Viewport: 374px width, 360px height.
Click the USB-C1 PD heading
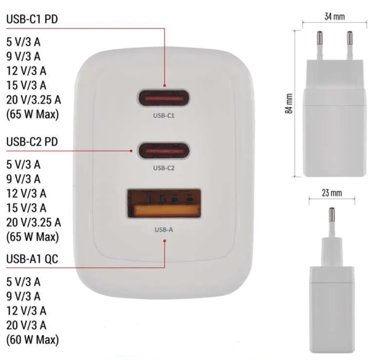[x=32, y=19]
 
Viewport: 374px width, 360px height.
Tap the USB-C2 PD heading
[x=32, y=142]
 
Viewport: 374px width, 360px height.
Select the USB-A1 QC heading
[x=32, y=259]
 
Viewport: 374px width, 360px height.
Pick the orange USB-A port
[x=164, y=204]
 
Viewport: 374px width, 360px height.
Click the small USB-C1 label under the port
[x=164, y=116]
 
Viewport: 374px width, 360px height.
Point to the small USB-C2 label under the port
[x=164, y=168]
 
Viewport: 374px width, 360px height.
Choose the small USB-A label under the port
[x=164, y=230]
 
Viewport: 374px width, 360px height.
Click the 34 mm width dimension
[x=334, y=17]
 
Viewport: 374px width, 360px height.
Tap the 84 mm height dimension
[x=289, y=103]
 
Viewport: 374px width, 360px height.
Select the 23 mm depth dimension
[x=332, y=193]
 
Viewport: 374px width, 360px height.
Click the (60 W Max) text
[x=33, y=340]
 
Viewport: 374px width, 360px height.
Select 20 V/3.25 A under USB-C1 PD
[x=34, y=100]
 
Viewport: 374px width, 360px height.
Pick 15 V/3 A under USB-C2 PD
[x=26, y=208]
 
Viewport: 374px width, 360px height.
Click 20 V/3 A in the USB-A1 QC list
[x=26, y=325]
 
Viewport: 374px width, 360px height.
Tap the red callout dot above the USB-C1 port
[x=164, y=86]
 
